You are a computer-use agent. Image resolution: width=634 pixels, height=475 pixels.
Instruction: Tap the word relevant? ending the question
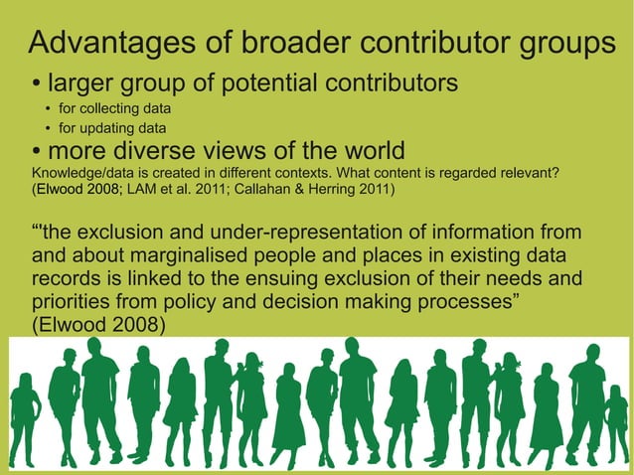click(x=528, y=172)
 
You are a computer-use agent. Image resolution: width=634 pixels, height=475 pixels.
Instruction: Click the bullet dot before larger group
click(x=37, y=82)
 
